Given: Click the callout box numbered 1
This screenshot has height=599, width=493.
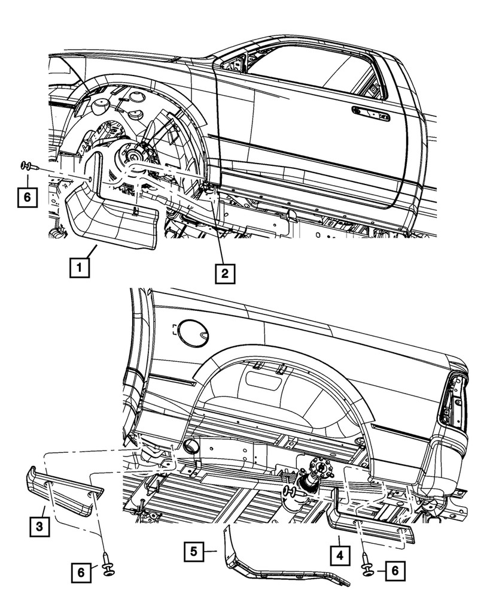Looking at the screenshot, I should click(80, 266).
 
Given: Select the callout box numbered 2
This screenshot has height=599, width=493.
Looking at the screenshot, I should click(224, 273).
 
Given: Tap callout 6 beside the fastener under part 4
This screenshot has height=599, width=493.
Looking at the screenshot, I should click(394, 571).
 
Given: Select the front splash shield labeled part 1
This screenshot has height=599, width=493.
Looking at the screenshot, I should click(111, 219).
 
